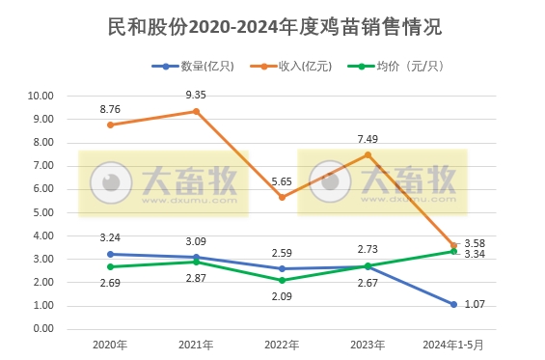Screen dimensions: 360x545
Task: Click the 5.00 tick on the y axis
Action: click(x=42, y=212)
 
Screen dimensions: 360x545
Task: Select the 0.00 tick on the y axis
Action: click(x=42, y=329)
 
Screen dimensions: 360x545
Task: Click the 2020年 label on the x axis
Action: click(x=110, y=345)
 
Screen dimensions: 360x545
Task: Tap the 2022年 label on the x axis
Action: click(x=281, y=345)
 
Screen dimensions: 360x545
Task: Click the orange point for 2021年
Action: click(x=196, y=111)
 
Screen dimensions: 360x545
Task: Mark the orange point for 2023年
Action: click(x=367, y=154)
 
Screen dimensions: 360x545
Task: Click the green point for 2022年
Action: click(x=281, y=280)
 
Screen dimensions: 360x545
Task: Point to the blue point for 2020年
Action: click(x=110, y=254)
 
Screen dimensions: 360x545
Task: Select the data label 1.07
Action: click(x=475, y=304)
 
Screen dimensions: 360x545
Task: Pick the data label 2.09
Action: click(x=281, y=296)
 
